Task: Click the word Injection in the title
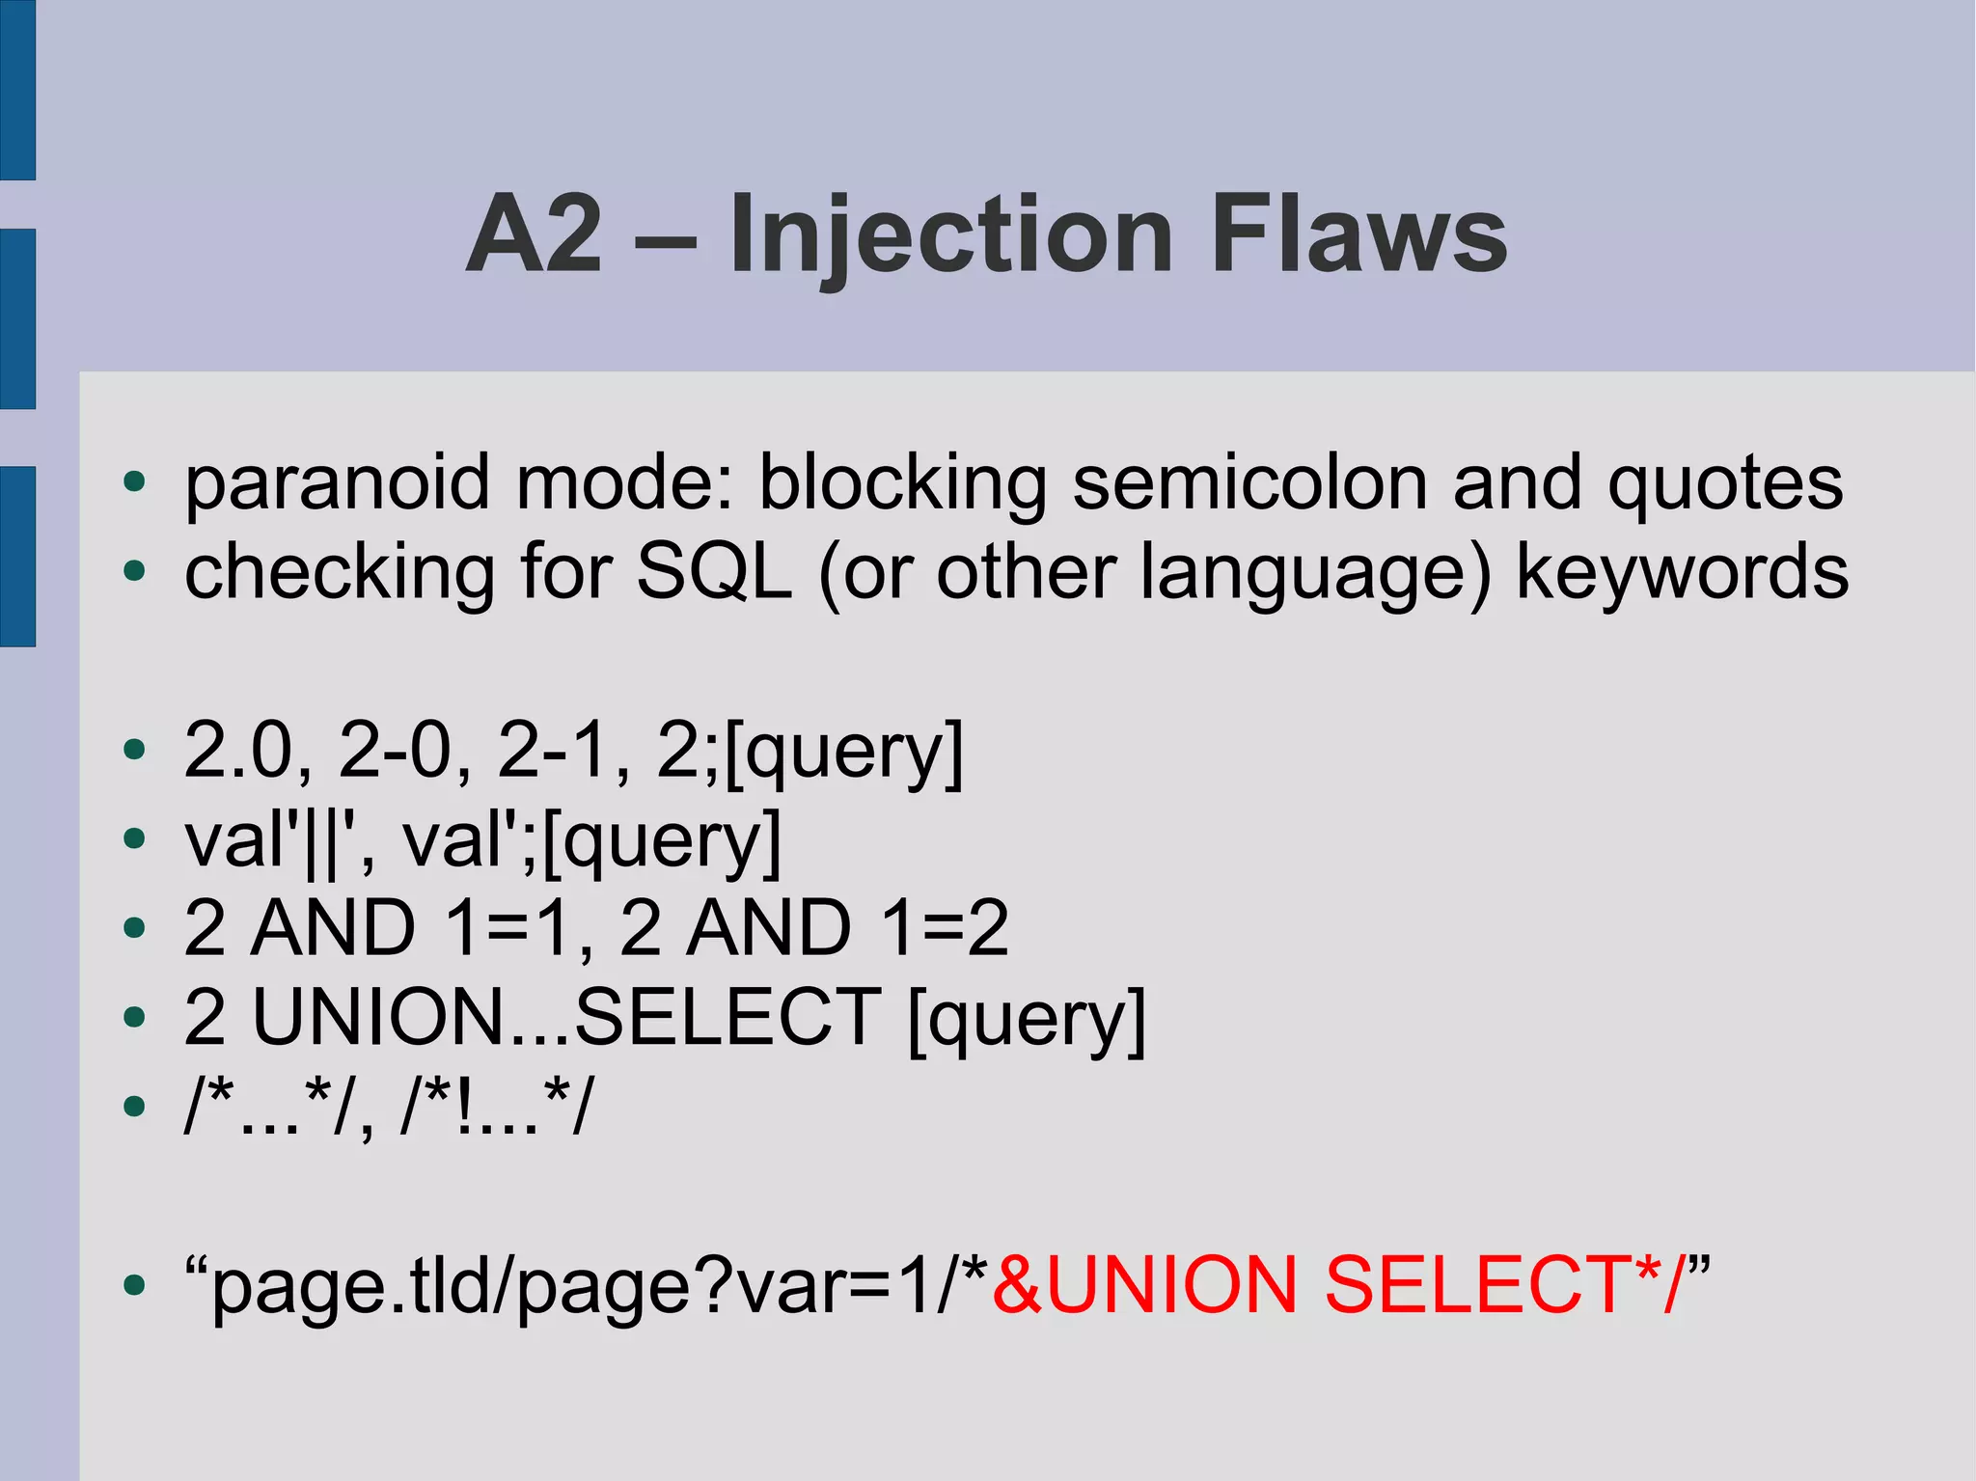click(x=951, y=234)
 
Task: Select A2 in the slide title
click(x=536, y=234)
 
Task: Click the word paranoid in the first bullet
click(x=338, y=481)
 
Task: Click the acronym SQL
click(x=715, y=571)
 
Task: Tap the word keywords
click(x=1683, y=571)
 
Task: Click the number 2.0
click(x=237, y=750)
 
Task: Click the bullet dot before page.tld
click(x=134, y=1285)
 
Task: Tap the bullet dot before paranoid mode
click(x=134, y=481)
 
